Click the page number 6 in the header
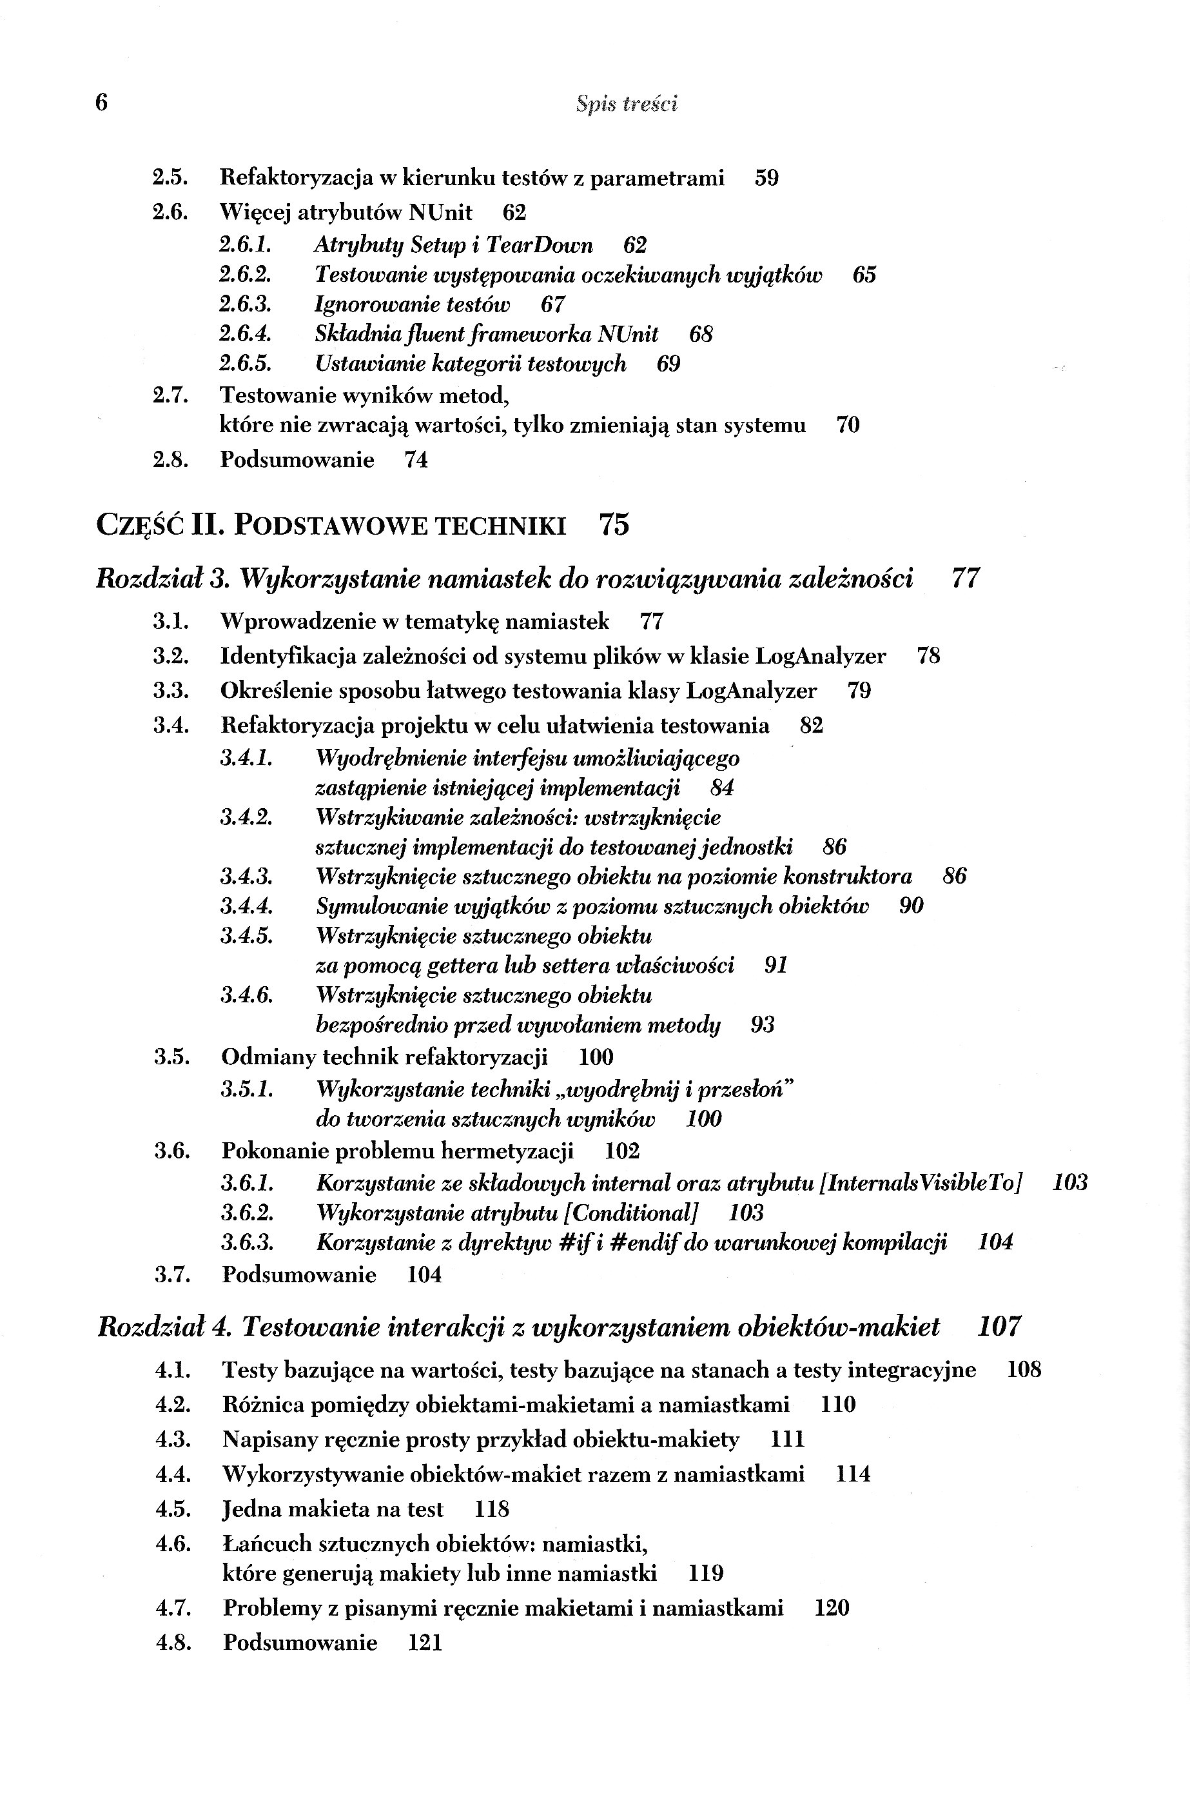coord(102,102)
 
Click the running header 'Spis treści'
coord(626,104)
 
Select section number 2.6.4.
coord(245,334)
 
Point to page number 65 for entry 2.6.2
coord(864,275)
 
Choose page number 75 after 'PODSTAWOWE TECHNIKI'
coord(614,524)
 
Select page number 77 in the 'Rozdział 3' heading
coord(966,579)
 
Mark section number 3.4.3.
coord(247,877)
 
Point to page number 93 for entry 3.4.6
coord(763,1025)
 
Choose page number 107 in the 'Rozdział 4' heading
coord(999,1327)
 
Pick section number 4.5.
coord(172,1509)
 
